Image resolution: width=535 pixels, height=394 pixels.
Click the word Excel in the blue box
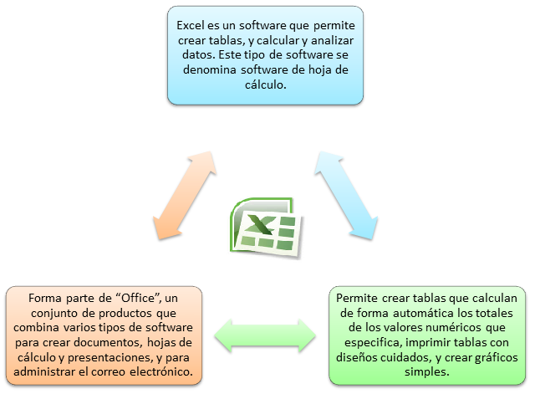pos(192,25)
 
